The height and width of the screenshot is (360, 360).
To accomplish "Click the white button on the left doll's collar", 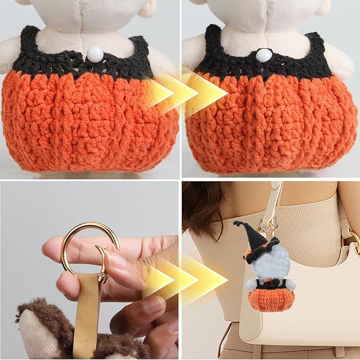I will point(94,54).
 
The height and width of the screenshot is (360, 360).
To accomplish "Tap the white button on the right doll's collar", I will point(264,55).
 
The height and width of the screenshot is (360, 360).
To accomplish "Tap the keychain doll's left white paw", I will point(251,284).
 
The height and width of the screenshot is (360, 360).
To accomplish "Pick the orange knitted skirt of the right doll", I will point(270,125).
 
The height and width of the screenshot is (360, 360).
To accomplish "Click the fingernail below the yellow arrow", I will point(154,304).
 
